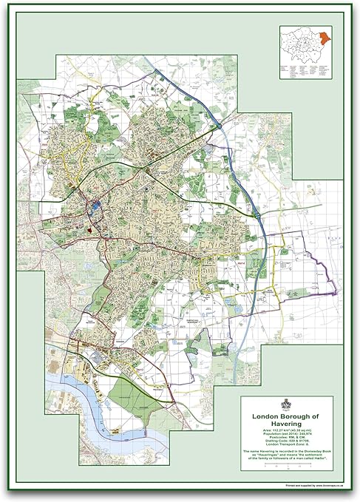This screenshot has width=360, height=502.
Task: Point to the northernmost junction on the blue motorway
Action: click(220, 127)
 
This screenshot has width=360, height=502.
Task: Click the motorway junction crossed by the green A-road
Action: click(255, 213)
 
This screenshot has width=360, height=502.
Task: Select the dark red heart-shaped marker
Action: click(89, 229)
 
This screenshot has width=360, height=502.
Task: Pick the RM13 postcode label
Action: click(136, 360)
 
